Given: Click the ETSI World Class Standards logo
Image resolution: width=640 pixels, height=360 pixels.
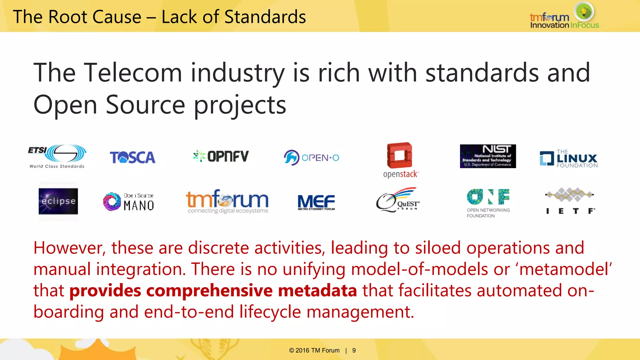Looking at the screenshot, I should (x=57, y=156).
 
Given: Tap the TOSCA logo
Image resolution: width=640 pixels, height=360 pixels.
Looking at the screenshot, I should (x=132, y=157).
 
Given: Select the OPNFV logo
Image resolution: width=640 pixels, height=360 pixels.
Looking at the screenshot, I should (x=221, y=156).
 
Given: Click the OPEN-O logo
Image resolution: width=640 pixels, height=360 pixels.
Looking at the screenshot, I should (x=311, y=157).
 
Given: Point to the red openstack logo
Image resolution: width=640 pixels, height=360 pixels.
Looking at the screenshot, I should (x=400, y=160).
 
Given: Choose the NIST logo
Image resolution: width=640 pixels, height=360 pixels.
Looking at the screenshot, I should (x=488, y=156).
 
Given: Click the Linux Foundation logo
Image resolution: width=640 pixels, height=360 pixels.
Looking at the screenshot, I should (x=568, y=159).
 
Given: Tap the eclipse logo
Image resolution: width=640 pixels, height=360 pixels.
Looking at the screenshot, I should (x=58, y=201).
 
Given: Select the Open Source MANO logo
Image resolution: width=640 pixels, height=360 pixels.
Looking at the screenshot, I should (x=128, y=202).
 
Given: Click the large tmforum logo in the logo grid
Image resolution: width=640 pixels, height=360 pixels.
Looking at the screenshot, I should (x=227, y=201).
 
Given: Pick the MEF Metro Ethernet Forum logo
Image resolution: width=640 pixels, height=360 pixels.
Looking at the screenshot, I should (x=316, y=202).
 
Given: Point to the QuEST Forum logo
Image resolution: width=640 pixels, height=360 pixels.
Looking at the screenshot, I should (x=398, y=200).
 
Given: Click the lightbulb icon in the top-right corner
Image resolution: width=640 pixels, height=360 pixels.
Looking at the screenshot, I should (x=584, y=12).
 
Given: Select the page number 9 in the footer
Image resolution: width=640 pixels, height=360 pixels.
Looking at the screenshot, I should (x=354, y=351).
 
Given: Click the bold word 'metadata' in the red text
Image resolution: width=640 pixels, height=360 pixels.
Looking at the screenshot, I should (x=317, y=291).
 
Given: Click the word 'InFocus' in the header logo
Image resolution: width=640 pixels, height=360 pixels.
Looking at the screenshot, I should (x=584, y=25).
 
